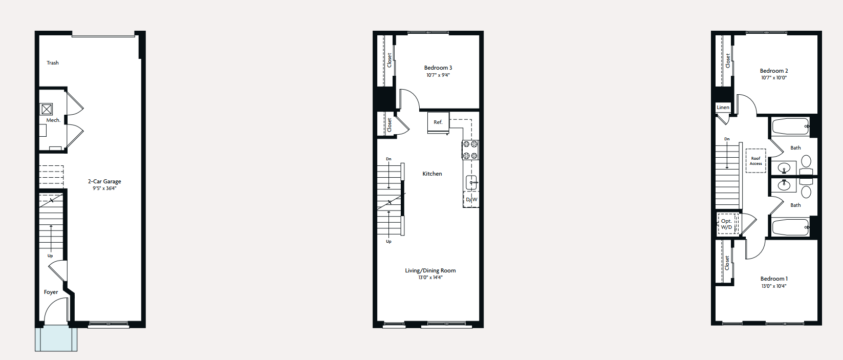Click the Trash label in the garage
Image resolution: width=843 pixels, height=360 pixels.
point(53,63)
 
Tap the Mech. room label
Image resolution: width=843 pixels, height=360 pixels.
point(53,120)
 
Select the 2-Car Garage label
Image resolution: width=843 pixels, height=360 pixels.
point(104,181)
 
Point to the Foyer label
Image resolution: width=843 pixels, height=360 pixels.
point(51,292)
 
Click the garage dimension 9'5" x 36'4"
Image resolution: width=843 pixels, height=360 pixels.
point(104,188)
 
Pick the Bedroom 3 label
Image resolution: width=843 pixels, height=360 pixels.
point(438,68)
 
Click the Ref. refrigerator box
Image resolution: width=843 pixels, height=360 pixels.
point(438,122)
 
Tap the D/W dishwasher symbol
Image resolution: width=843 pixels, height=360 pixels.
point(471,199)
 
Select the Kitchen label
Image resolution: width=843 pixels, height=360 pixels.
point(432,174)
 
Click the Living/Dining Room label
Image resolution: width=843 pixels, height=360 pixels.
point(430,270)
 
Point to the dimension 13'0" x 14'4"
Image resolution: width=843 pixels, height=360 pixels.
point(430,278)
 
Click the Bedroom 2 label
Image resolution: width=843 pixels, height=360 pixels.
point(774,71)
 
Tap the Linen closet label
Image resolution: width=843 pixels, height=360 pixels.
point(723,108)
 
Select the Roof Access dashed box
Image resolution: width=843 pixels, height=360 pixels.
point(755,161)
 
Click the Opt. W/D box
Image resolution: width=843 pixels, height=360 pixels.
point(727,224)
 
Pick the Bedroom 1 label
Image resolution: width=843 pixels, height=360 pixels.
point(774,279)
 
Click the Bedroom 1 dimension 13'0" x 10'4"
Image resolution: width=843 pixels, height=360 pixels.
point(774,286)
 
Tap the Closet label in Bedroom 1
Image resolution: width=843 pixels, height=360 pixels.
point(727,263)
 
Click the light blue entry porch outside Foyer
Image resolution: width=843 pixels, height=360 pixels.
point(56,339)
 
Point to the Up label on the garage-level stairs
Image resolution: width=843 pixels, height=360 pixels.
point(50,256)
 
